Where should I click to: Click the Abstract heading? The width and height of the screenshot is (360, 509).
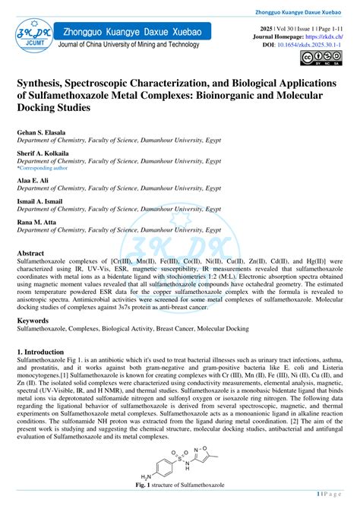pos(30,253)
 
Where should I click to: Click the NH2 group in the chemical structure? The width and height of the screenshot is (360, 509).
pos(138,476)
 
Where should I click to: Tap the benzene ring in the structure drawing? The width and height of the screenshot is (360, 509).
pos(163,463)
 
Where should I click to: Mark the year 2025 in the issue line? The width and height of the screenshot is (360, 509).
pos(267,27)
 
